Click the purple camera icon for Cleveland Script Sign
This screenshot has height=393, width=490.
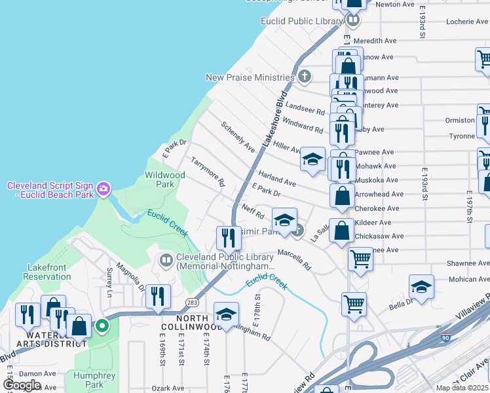click(103, 190)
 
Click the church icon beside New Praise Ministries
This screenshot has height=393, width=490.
click(304, 77)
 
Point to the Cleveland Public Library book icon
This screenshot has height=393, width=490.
click(166, 261)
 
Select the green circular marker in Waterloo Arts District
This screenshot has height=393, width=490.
click(102, 325)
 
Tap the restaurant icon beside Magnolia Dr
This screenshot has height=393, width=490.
click(158, 297)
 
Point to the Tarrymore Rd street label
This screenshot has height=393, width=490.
click(208, 170)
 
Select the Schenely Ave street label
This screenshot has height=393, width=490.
click(237, 136)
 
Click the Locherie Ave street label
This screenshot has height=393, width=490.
click(467, 22)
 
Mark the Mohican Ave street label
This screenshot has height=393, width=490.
click(468, 280)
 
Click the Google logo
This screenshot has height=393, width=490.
click(22, 385)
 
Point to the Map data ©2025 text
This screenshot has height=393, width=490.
click(462, 388)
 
